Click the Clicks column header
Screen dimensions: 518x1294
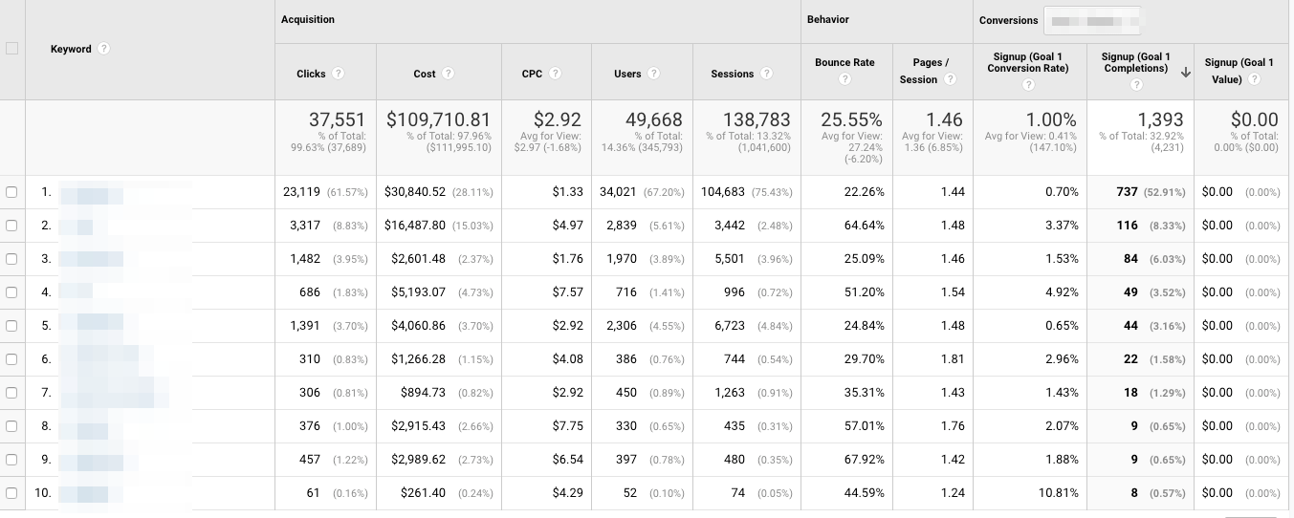(311, 74)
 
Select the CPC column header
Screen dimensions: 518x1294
(532, 74)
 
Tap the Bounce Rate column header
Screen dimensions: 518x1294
(844, 63)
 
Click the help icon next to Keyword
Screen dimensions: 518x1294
(103, 49)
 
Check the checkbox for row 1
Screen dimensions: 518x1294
(11, 192)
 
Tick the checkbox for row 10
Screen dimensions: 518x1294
(11, 493)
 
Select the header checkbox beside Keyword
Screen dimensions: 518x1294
(11, 49)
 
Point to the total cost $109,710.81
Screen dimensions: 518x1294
(438, 119)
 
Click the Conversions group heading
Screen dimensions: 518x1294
(1008, 20)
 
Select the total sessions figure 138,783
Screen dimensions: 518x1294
(757, 119)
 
